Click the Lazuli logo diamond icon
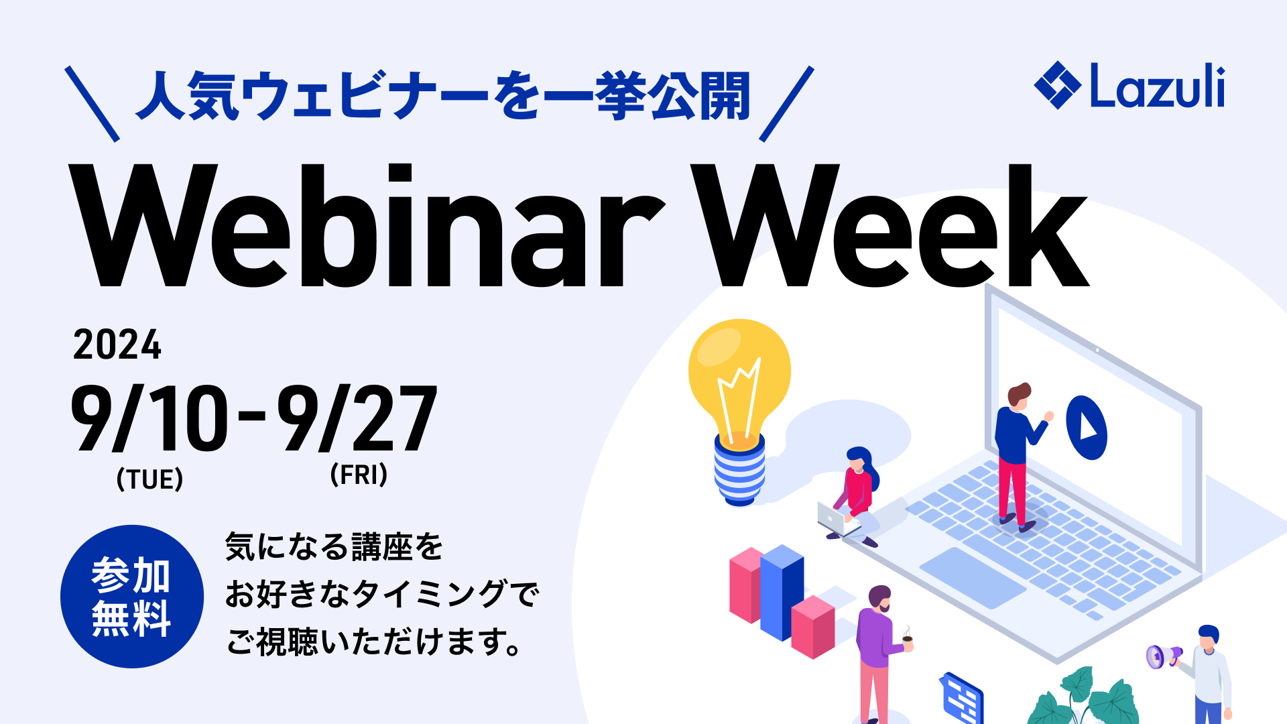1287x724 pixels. [x=1057, y=85]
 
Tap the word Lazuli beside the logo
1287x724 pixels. [x=1158, y=86]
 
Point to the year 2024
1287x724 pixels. [x=117, y=345]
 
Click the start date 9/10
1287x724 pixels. [x=149, y=419]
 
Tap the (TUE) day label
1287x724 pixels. [x=149, y=479]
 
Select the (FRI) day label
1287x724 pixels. [x=359, y=475]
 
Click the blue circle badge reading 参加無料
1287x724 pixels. [x=132, y=596]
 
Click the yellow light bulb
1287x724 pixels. [x=739, y=402]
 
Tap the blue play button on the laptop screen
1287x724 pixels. [x=1086, y=428]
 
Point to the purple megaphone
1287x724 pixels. [x=1162, y=656]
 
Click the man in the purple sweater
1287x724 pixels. [x=878, y=650]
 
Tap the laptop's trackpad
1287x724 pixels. [x=972, y=577]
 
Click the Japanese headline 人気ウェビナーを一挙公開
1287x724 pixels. [x=442, y=97]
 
